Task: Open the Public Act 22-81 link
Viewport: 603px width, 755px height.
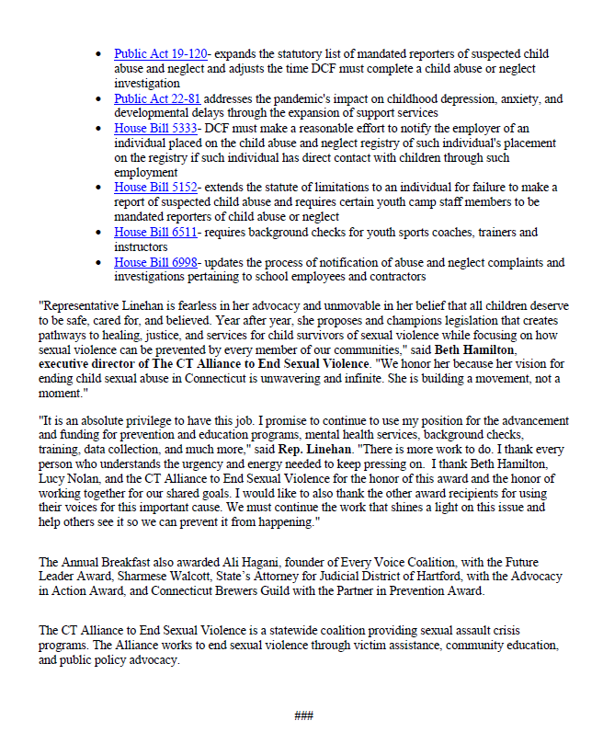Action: point(157,98)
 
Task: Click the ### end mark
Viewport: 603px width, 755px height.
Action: point(303,715)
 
